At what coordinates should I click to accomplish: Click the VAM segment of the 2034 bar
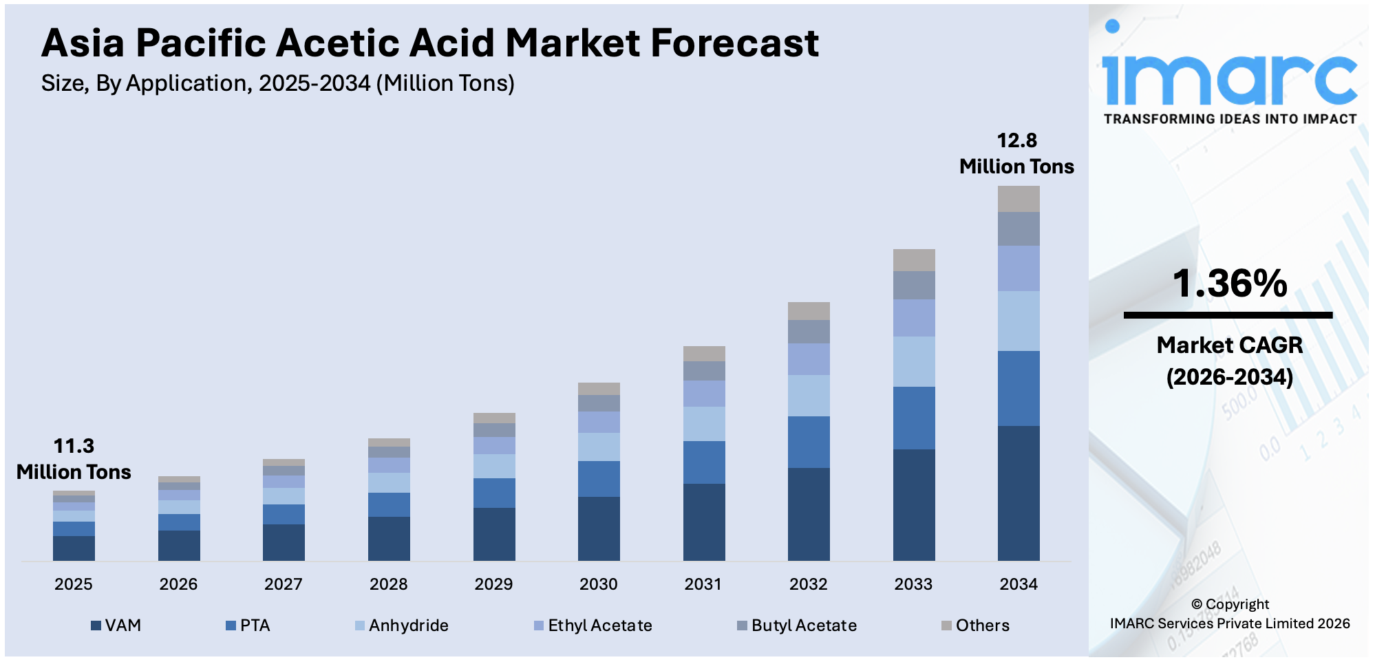[x=1019, y=493]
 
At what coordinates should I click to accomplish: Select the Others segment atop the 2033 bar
[x=913, y=260]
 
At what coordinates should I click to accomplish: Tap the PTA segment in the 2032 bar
[x=809, y=442]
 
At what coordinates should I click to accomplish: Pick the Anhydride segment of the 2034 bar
[x=1019, y=321]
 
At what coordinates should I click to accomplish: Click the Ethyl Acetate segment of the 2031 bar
[x=704, y=394]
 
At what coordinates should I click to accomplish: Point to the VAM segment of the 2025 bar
[x=74, y=548]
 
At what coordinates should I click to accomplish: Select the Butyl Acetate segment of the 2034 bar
[x=1019, y=228]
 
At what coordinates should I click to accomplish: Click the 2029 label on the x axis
[x=493, y=584]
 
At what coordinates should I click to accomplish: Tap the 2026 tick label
[x=178, y=584]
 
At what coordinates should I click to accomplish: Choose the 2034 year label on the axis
[x=1019, y=584]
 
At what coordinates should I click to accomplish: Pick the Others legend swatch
[x=946, y=626]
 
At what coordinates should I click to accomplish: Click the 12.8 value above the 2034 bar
[x=1016, y=140]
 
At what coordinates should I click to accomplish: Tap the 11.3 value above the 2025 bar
[x=74, y=446]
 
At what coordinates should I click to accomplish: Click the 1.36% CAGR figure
[x=1229, y=284]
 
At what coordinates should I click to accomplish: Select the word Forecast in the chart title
[x=734, y=43]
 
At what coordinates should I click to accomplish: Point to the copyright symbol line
[x=1229, y=604]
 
